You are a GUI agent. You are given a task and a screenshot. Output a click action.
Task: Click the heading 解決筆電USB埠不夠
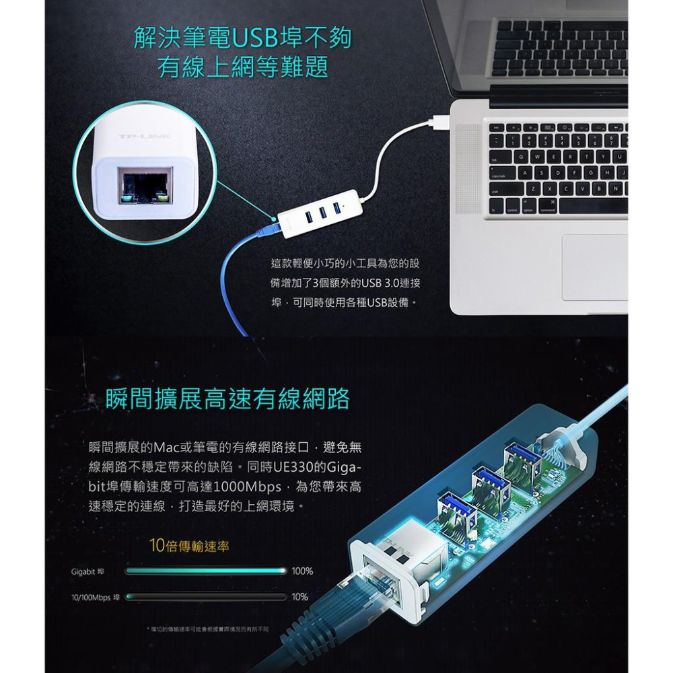[242, 39]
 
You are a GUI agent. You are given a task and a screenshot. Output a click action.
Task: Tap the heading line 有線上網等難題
[242, 67]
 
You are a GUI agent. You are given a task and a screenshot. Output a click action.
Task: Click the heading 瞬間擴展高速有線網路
[228, 400]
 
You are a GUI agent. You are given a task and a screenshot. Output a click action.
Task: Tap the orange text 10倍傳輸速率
[189, 545]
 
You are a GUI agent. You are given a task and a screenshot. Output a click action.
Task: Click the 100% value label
[302, 571]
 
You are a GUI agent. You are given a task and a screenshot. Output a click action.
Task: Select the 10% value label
[300, 597]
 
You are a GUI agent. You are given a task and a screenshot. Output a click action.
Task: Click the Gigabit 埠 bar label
[88, 571]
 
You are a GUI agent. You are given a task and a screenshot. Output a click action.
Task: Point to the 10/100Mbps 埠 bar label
[96, 597]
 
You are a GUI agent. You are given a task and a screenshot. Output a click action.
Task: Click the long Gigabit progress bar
[206, 571]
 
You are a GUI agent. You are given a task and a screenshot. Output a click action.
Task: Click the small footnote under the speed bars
[208, 629]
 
